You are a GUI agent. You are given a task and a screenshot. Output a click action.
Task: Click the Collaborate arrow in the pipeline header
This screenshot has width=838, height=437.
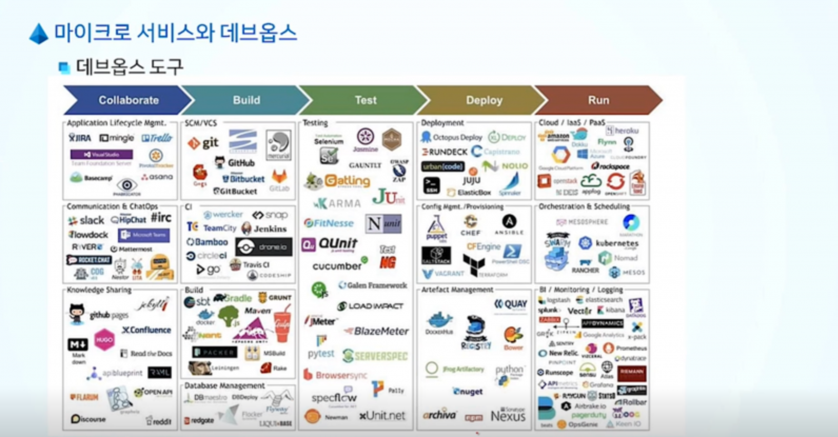click(128, 100)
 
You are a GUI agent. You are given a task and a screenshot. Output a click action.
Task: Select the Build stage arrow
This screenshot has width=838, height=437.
click(247, 100)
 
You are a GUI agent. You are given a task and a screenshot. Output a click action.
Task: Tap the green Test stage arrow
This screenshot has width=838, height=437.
click(365, 100)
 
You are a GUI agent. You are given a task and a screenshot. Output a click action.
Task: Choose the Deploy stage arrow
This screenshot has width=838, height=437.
click(484, 100)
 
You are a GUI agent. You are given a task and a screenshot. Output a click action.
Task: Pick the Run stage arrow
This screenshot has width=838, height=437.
click(598, 100)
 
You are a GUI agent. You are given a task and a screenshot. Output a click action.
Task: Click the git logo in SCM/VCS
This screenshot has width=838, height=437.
click(203, 143)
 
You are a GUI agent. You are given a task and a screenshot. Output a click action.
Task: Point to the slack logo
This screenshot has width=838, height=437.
click(86, 220)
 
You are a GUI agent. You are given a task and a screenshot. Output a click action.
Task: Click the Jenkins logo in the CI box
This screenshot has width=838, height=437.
click(264, 229)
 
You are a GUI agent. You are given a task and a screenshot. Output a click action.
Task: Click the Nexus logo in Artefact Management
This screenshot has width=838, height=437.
click(508, 416)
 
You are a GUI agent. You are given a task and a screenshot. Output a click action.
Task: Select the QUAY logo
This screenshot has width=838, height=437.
click(510, 304)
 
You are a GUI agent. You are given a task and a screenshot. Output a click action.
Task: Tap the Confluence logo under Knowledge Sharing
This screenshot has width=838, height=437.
click(146, 330)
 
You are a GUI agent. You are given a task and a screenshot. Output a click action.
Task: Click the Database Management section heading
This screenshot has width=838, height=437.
click(224, 385)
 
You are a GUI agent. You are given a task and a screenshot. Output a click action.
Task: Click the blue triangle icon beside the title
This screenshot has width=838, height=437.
click(39, 34)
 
